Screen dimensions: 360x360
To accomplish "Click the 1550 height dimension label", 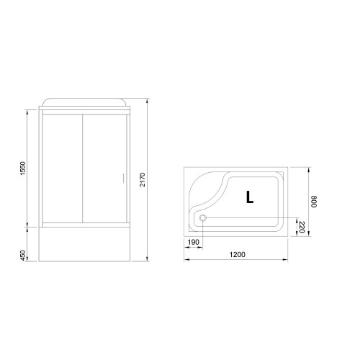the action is pos(22,168).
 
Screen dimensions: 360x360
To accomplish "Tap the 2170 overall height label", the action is pos(143,179).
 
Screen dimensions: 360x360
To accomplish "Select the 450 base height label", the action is pos(22,256).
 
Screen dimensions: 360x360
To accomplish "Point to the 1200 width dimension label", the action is pos(238,254).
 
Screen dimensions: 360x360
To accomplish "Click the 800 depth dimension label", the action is pos(314,202).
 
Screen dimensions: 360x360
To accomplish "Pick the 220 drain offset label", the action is pos(302,228).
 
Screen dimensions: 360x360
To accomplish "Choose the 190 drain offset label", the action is pos(194,242).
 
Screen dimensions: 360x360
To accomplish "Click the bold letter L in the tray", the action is pos(250,197).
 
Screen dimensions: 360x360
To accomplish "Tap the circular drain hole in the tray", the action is pos(203,218).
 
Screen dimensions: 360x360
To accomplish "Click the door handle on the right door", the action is pos(122,179).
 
